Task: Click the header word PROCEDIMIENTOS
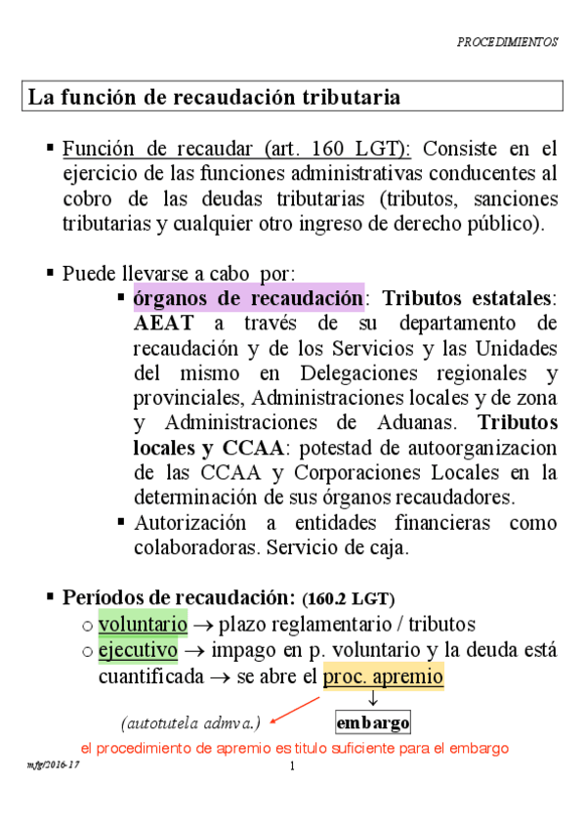508,43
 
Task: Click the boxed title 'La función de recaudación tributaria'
214,97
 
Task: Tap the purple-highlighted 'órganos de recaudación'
248,297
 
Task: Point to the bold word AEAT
163,323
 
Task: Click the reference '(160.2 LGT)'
349,598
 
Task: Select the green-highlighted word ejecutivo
138,649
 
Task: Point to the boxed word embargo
372,723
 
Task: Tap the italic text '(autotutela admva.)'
190,723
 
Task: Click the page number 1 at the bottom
292,765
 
